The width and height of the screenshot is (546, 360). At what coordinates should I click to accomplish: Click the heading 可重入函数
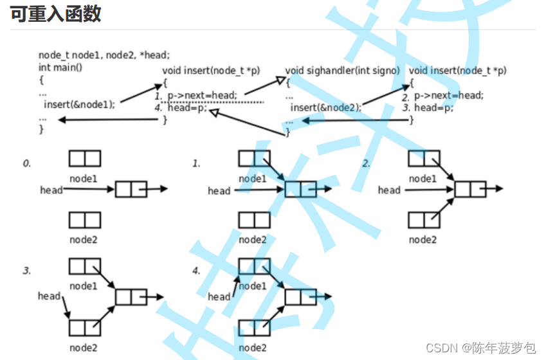(55, 14)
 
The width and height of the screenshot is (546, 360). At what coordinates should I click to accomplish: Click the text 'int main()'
(65, 67)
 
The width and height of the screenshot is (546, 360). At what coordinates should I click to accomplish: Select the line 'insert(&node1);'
(79, 104)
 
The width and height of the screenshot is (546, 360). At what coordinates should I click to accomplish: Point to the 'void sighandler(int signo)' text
(342, 70)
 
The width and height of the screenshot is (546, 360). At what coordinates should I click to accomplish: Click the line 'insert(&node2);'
(325, 108)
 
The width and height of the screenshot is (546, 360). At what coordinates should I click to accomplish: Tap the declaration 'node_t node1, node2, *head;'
(104, 55)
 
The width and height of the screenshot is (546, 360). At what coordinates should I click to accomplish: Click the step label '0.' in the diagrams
(26, 164)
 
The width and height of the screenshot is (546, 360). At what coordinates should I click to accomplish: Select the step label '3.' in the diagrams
(26, 271)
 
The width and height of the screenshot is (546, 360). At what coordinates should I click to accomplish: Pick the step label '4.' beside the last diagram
(196, 271)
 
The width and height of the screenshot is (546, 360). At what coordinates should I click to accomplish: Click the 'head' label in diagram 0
(51, 190)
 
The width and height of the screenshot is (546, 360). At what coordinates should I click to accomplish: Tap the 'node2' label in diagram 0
(84, 239)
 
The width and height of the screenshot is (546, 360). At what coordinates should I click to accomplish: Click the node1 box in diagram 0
(85, 157)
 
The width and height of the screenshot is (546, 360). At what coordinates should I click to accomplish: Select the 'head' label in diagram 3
(49, 296)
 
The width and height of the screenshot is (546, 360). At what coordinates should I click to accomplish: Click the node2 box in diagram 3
(85, 327)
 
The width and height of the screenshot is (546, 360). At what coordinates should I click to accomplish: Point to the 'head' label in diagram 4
(219, 296)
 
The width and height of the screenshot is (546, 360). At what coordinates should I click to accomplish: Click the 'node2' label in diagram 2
(423, 239)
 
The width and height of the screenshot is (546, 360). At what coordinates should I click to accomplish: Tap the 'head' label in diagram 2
(389, 190)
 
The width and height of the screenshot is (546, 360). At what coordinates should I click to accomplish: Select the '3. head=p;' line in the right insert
(428, 108)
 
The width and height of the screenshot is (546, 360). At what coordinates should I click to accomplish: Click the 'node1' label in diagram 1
(252, 179)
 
